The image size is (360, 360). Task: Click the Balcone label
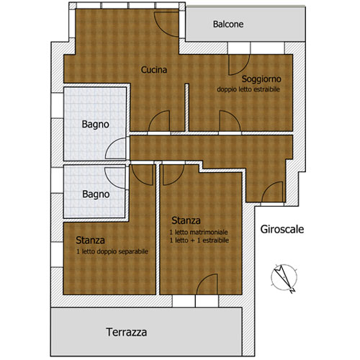click(x=228, y=24)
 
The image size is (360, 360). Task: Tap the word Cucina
click(x=154, y=70)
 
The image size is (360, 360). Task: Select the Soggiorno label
click(x=261, y=79)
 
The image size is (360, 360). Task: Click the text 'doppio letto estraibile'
click(x=248, y=89)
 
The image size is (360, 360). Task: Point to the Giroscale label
click(x=282, y=230)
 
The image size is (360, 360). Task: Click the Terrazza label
click(x=127, y=332)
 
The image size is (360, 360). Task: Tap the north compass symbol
click(x=284, y=278)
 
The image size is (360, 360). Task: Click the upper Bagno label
click(x=96, y=125)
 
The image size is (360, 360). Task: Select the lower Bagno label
click(x=96, y=194)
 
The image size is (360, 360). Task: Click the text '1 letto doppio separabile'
click(x=112, y=251)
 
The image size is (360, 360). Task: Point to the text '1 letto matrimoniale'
click(x=199, y=232)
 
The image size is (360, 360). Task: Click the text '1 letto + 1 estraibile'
click(x=199, y=240)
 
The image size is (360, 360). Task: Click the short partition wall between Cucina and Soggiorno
click(x=186, y=107)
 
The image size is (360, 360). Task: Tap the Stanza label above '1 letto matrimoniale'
click(x=186, y=220)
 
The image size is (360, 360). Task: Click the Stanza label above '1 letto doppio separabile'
click(x=90, y=240)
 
